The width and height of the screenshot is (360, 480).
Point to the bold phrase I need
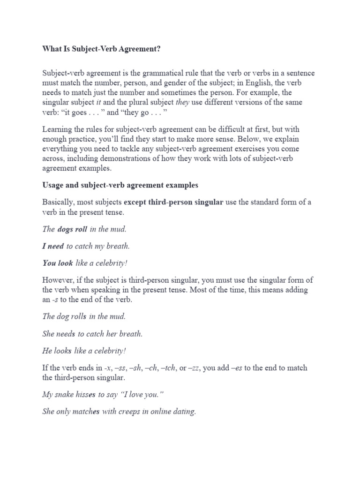53,246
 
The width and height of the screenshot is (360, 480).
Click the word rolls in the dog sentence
78,316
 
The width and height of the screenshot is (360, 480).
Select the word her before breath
117,334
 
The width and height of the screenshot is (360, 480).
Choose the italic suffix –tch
166,368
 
